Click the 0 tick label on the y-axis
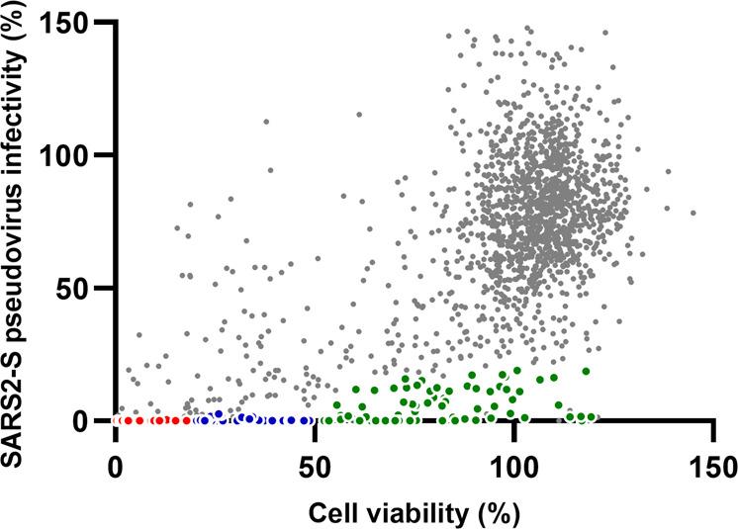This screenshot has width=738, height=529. (x=89, y=420)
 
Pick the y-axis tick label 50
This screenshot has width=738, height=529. (x=78, y=288)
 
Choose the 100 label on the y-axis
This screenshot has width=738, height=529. (x=69, y=155)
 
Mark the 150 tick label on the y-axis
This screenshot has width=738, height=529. (x=69, y=23)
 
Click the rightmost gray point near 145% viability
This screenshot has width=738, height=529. (x=692, y=213)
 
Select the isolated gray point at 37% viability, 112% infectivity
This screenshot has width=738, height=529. (x=265, y=122)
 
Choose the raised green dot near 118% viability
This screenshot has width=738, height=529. (x=586, y=371)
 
